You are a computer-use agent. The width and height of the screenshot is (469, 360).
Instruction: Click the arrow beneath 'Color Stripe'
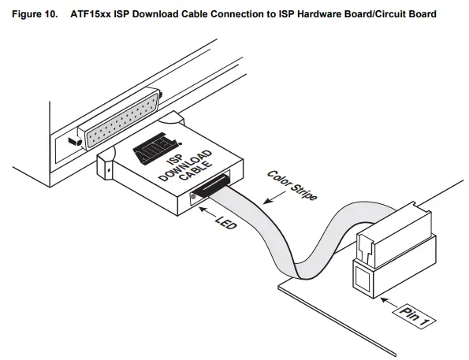click(x=268, y=201)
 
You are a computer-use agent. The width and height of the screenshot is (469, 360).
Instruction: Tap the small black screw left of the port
click(x=73, y=141)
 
